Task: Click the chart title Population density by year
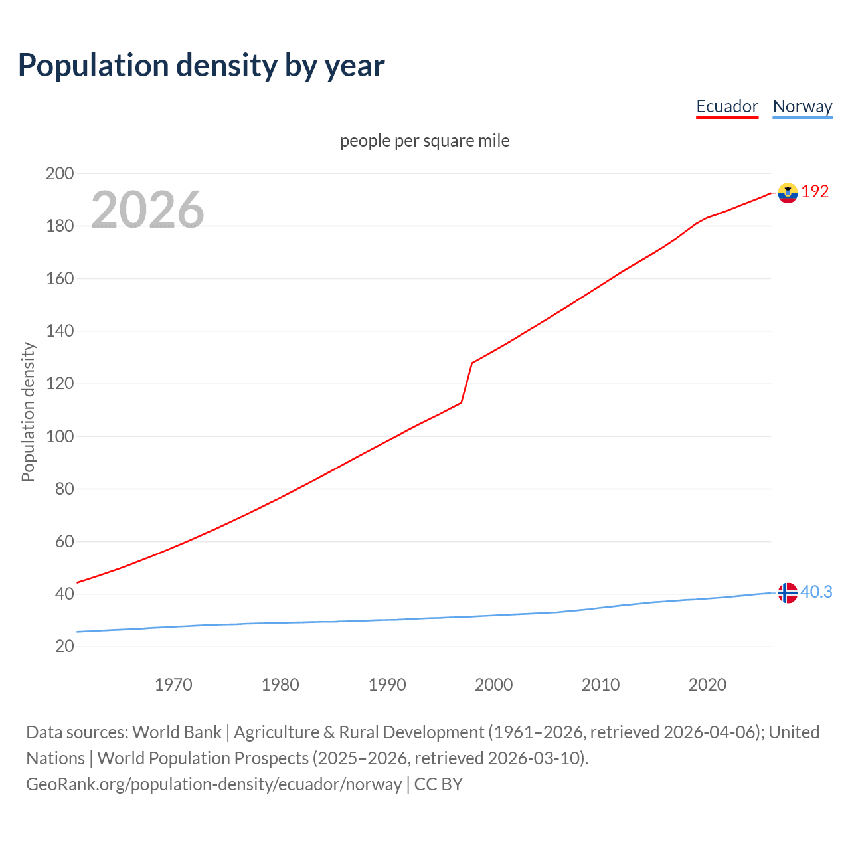[201, 66]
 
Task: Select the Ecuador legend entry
[727, 106]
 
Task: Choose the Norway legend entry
[802, 106]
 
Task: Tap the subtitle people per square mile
[424, 141]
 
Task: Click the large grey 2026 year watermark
[147, 210]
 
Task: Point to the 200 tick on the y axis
[59, 174]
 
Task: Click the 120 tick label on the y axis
[59, 384]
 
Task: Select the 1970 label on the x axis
[173, 684]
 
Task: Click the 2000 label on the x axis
[493, 684]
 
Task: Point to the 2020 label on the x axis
[707, 684]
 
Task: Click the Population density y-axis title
[28, 412]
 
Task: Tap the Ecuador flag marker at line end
[788, 193]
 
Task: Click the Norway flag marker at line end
[788, 592]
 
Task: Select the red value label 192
[815, 192]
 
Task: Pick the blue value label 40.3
[816, 592]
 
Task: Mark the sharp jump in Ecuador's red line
[467, 382]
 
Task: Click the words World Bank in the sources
[177, 732]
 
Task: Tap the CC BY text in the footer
[438, 784]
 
